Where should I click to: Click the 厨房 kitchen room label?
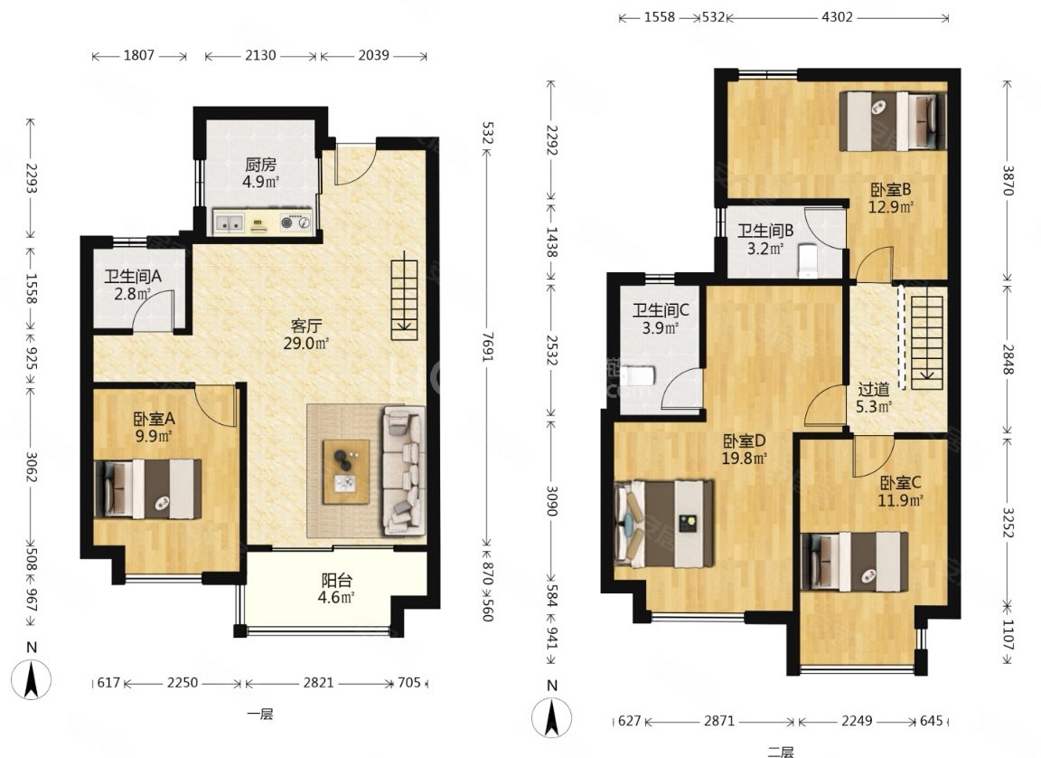point(260,164)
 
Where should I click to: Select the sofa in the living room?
point(404,471)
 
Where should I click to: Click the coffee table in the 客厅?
point(346,471)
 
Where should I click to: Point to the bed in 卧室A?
point(148,489)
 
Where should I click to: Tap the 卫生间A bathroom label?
point(133,276)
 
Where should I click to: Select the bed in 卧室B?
point(893,121)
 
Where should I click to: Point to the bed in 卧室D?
point(665,524)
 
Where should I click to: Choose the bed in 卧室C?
point(855,562)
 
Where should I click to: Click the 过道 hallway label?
point(873,389)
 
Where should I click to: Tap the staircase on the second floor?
point(927,342)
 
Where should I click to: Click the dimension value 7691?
point(487,346)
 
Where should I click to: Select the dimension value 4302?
point(837,17)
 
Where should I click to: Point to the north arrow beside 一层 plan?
point(32,680)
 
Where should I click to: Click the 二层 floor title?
point(781,752)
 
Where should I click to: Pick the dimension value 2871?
point(719,721)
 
